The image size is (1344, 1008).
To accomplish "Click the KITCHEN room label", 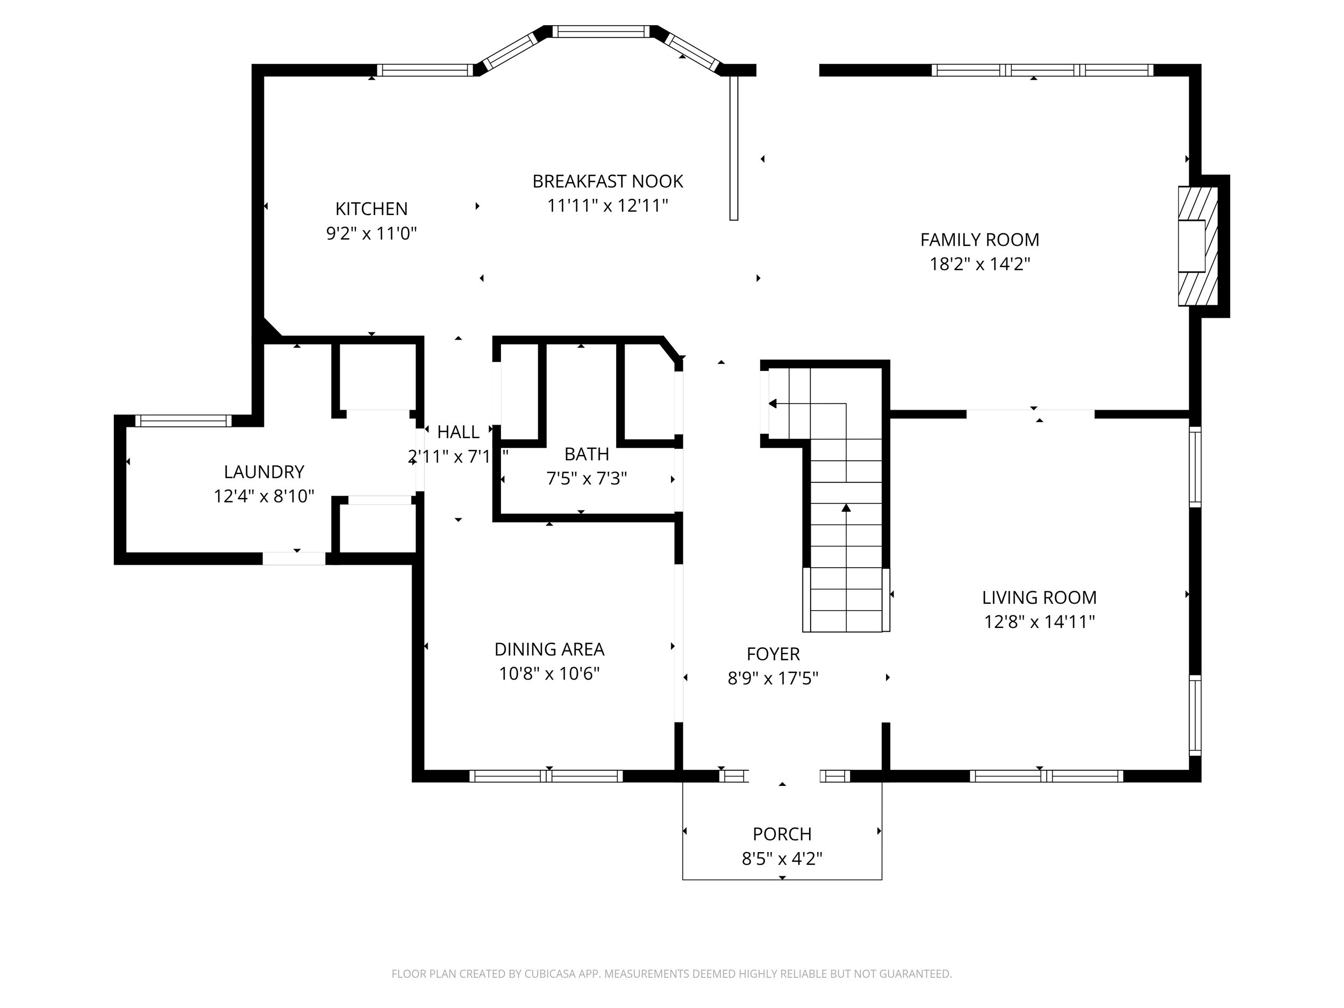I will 371,209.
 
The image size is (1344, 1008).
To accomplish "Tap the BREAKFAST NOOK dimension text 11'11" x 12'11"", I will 607,206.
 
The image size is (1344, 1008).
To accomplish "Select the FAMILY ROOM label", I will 980,240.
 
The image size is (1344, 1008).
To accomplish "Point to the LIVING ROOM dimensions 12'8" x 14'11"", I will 1039,622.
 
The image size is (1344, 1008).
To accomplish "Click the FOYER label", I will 773,654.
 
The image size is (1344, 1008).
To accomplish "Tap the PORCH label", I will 782,834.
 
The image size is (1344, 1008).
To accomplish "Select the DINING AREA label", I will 549,649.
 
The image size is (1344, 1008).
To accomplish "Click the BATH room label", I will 587,454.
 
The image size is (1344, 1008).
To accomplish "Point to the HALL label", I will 458,433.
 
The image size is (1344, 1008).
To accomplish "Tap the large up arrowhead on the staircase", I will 846,507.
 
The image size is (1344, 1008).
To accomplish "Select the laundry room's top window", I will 183,421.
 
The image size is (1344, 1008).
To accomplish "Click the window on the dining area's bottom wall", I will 546,776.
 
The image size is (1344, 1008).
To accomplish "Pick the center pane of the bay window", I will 600,32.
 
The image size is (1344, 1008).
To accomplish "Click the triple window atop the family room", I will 1042,70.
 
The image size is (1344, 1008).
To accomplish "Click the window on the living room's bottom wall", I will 1046,776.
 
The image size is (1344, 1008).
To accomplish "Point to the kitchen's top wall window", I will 424,70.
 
